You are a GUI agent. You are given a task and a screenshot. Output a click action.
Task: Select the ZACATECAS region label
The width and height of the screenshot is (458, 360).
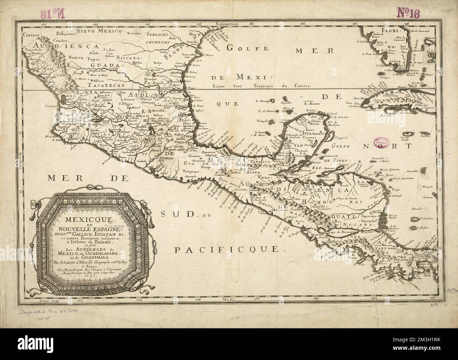97,85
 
